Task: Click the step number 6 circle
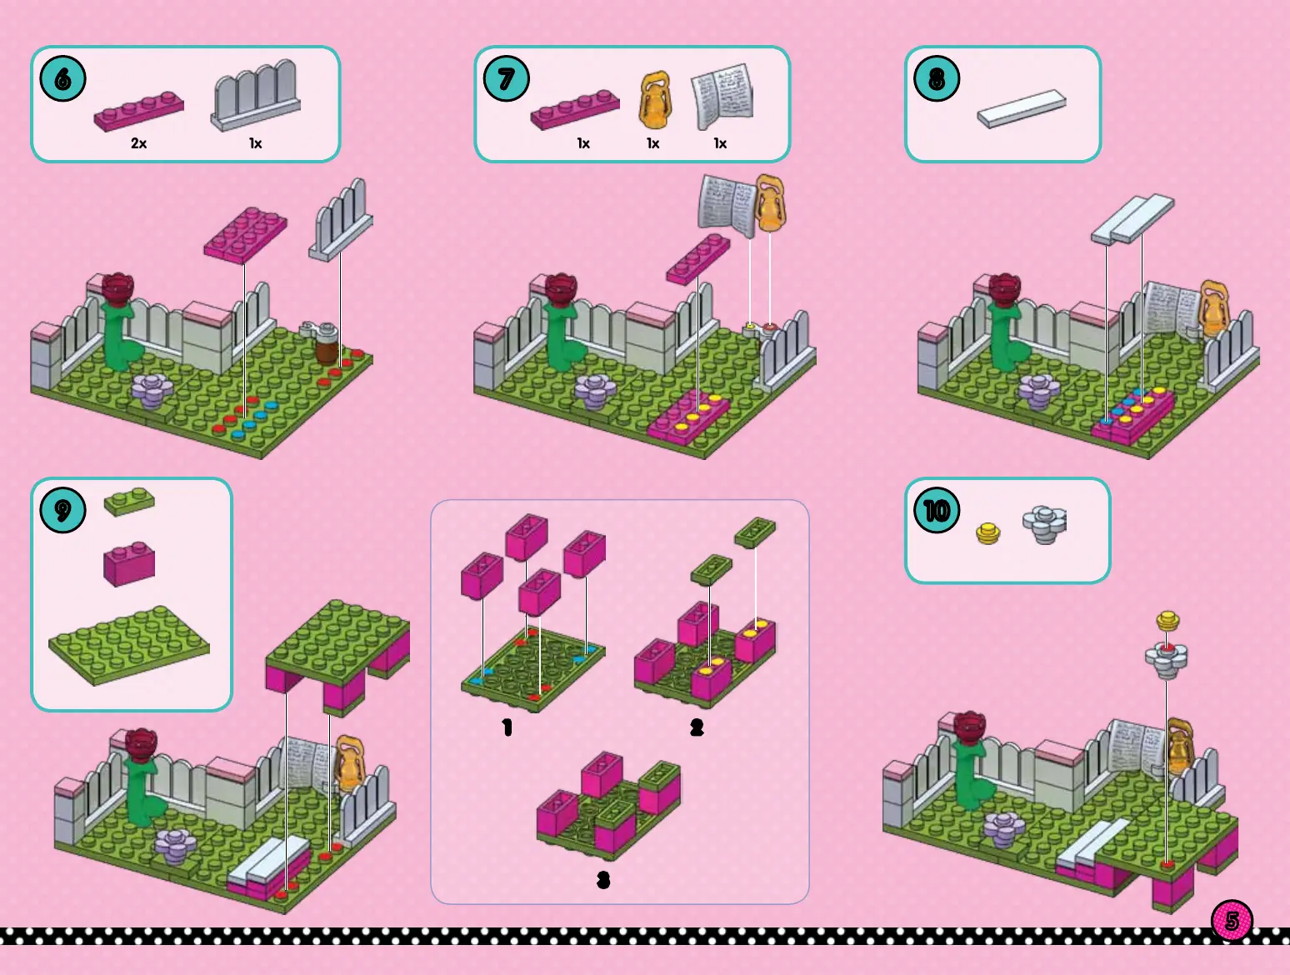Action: (62, 79)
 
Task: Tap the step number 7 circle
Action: (507, 79)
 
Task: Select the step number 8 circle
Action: (937, 79)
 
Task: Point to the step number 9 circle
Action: (62, 510)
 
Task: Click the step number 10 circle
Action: (937, 510)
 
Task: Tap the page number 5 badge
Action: (1232, 921)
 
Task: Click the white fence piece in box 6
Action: (256, 95)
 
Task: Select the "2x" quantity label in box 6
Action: (138, 143)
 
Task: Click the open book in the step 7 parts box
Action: (722, 98)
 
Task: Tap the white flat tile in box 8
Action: (1022, 108)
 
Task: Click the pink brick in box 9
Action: (129, 562)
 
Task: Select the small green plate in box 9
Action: (129, 502)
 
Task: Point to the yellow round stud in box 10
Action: (988, 532)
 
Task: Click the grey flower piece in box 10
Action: (1044, 524)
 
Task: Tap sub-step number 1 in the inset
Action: (507, 728)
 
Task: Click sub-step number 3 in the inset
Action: (603, 880)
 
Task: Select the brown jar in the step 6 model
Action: (327, 345)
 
